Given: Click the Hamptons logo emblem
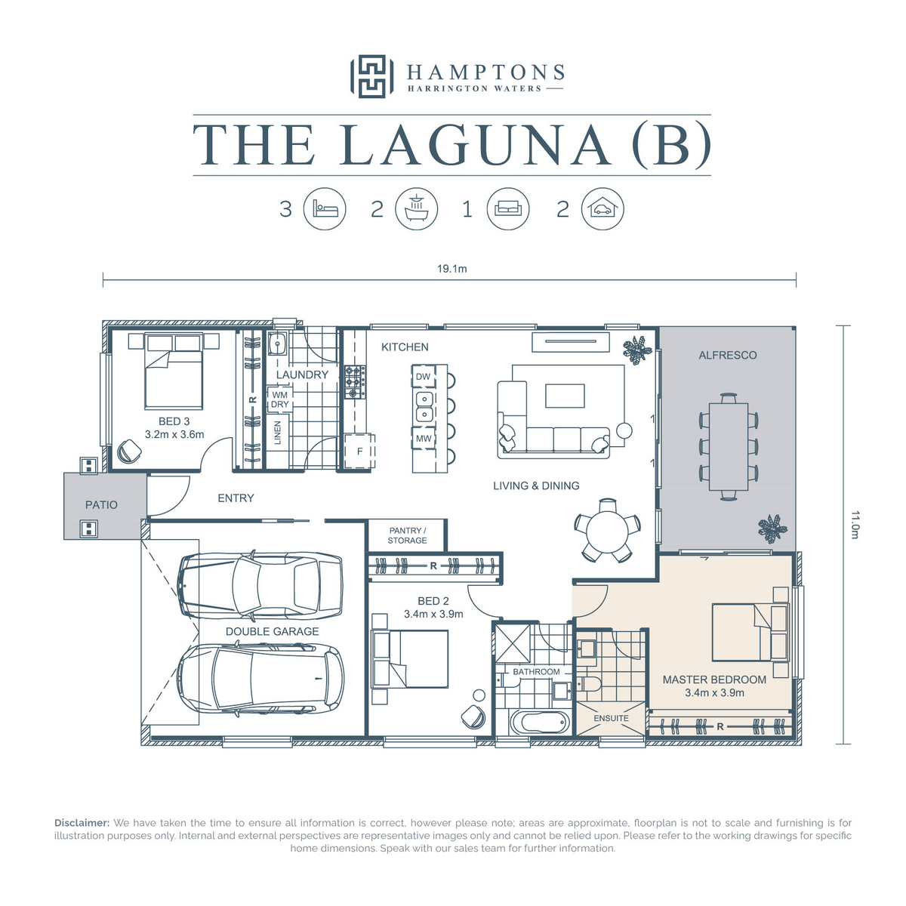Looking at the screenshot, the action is pyautogui.click(x=371, y=76).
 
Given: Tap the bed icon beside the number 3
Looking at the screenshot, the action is pyautogui.click(x=325, y=208).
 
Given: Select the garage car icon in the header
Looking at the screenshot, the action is pyautogui.click(x=602, y=208).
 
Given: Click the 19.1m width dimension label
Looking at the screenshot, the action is pyautogui.click(x=451, y=269).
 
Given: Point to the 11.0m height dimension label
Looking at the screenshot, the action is pyautogui.click(x=855, y=525).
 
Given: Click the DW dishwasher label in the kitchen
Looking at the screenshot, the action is pyautogui.click(x=423, y=377).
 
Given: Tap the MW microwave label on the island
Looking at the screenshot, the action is pyautogui.click(x=424, y=439).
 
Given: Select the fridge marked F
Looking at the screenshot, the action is pyautogui.click(x=359, y=451).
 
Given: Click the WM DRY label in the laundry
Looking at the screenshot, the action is pyautogui.click(x=280, y=399).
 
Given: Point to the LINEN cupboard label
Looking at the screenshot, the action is pyautogui.click(x=277, y=433).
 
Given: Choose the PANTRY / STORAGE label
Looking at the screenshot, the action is pyautogui.click(x=407, y=535).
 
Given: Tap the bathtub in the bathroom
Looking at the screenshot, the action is pyautogui.click(x=539, y=724).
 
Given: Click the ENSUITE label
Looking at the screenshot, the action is pyautogui.click(x=611, y=719).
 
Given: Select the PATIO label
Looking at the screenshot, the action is pyautogui.click(x=101, y=505).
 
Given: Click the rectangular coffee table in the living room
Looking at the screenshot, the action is pyautogui.click(x=565, y=396).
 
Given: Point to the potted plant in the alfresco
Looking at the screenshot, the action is pyautogui.click(x=772, y=528).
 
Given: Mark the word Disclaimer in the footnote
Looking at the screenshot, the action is pyautogui.click(x=82, y=823).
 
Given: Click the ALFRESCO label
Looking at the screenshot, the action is pyautogui.click(x=727, y=356).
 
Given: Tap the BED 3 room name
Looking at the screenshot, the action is pyautogui.click(x=174, y=421).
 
